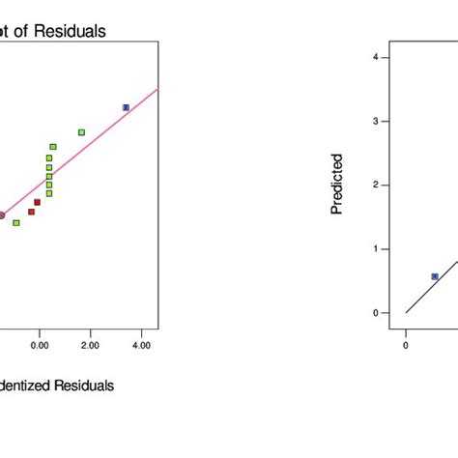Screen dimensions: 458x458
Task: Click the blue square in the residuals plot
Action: point(126,107)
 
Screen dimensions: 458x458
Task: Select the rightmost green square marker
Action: point(81,132)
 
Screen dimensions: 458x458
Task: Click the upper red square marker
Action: point(38,202)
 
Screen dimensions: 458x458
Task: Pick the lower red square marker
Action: point(31,212)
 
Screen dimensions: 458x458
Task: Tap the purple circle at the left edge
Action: point(2,215)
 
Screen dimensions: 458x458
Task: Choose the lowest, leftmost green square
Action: point(16,222)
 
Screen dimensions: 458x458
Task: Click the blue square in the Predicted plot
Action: point(435,276)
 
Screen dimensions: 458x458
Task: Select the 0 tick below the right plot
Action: point(406,344)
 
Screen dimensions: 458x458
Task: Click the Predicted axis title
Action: point(337,184)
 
